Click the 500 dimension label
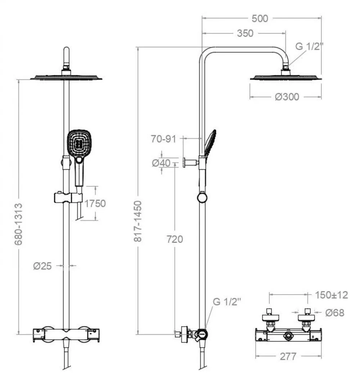click(260, 18)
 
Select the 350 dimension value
click(245, 33)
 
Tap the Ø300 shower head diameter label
click(287, 97)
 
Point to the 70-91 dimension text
click(163, 139)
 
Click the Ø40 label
click(161, 163)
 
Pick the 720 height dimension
click(175, 239)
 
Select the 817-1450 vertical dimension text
click(138, 221)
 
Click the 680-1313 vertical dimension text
click(18, 224)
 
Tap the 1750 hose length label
click(95, 204)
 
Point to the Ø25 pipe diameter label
click(42, 266)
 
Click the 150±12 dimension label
click(331, 295)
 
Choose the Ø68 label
click(335, 313)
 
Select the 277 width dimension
click(288, 357)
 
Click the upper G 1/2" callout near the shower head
click(310, 46)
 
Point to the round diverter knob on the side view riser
click(202, 197)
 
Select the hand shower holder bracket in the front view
click(68, 198)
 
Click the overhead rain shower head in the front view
click(66, 77)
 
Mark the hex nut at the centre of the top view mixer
click(288, 336)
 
